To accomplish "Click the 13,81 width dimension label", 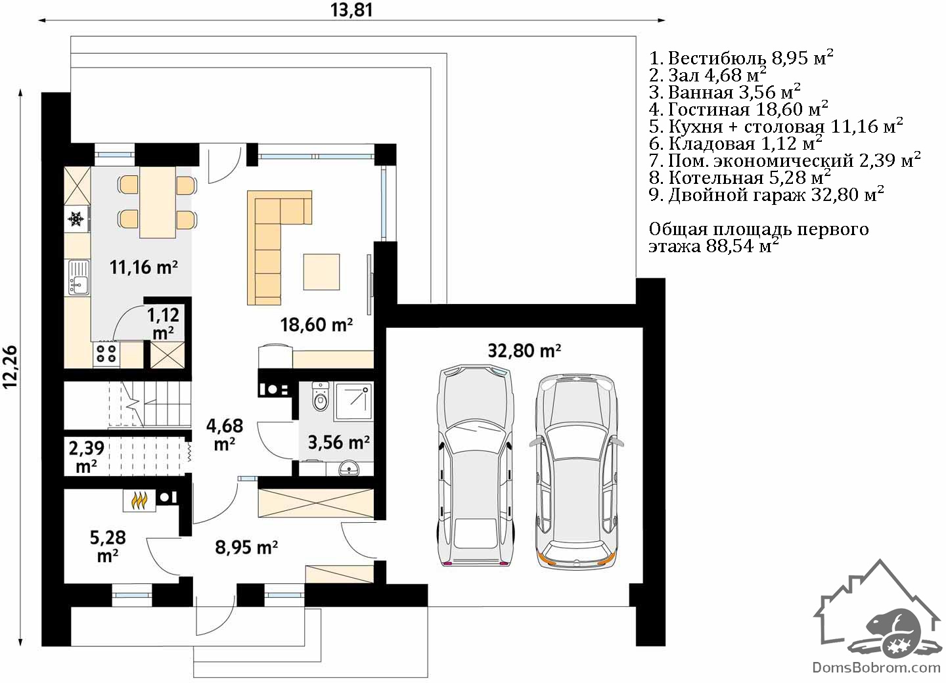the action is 351,10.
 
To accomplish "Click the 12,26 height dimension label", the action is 10,366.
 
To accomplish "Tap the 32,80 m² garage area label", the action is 524,350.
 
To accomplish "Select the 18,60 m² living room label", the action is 317,324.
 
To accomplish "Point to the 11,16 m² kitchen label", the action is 144,267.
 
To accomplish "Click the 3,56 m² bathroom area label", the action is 339,443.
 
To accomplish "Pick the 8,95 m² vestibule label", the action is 246,547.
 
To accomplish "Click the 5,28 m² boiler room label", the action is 108,546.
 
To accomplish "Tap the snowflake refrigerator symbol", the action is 76,219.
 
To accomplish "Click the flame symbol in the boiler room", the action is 139,500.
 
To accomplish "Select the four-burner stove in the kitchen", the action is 106,353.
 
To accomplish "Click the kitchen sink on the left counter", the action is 79,277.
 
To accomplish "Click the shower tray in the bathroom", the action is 353,401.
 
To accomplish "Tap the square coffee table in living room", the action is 321,271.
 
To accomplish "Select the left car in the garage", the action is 476,465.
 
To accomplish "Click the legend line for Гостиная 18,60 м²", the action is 738,109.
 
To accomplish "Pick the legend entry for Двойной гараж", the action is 766,194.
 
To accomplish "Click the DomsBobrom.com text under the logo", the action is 876,667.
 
